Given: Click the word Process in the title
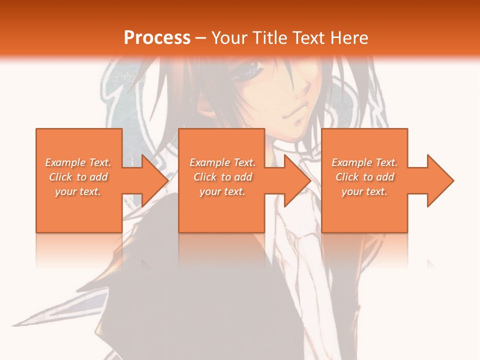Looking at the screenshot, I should [x=157, y=37].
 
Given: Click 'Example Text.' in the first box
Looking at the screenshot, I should [x=78, y=162].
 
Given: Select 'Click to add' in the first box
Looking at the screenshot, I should [x=78, y=177].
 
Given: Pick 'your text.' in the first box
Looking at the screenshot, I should [x=78, y=191].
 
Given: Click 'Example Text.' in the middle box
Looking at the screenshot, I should [x=222, y=162].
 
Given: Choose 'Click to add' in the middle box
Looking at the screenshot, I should [x=222, y=177].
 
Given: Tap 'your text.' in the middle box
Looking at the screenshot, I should [x=222, y=191].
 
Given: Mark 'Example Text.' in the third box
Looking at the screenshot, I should [x=364, y=162].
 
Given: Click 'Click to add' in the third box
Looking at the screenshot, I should [x=364, y=177].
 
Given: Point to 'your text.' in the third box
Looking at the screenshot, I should [x=364, y=191].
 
